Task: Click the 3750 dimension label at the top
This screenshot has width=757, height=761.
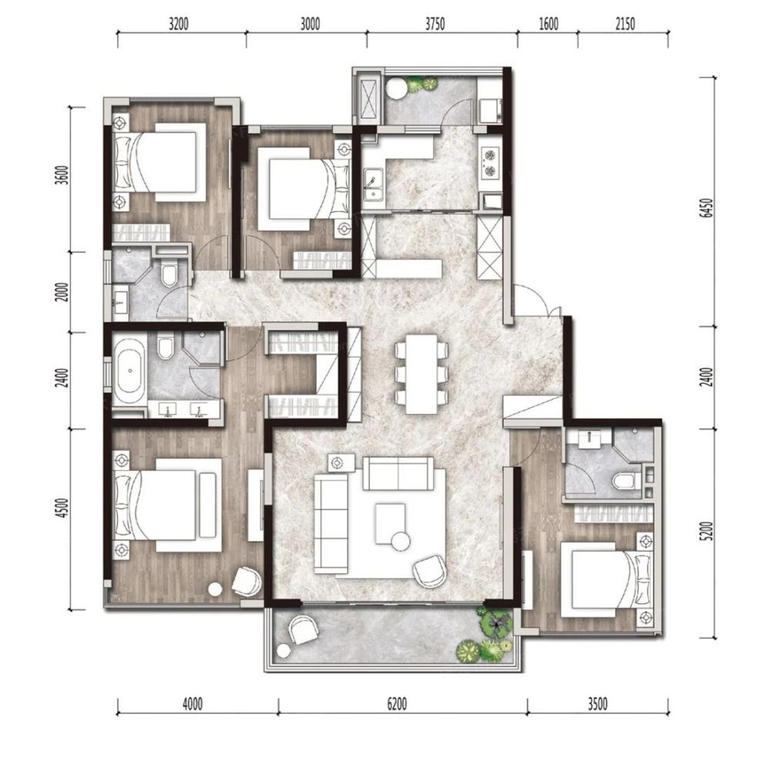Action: [x=435, y=24]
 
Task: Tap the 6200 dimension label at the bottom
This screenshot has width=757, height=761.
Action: [x=397, y=704]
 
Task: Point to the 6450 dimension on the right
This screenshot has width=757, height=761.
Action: [x=708, y=208]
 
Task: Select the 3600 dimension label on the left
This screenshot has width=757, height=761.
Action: [x=63, y=176]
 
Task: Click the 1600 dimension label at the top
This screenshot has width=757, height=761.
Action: [x=549, y=24]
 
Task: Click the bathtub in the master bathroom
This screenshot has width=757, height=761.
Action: [x=129, y=371]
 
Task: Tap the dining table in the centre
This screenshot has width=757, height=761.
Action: [x=422, y=374]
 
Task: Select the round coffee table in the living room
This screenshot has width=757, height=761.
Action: [x=401, y=541]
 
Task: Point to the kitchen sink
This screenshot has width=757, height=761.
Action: [x=373, y=185]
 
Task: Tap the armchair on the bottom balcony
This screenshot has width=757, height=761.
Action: [x=302, y=630]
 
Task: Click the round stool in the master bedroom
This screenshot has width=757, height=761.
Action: [x=215, y=589]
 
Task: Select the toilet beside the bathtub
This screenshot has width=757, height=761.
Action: [x=165, y=348]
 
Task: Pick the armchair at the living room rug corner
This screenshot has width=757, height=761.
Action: [x=429, y=571]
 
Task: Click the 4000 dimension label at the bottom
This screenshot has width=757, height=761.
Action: [x=192, y=704]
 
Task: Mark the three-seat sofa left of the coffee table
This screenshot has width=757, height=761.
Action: [x=332, y=523]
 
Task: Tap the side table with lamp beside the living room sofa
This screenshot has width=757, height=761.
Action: [x=337, y=463]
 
